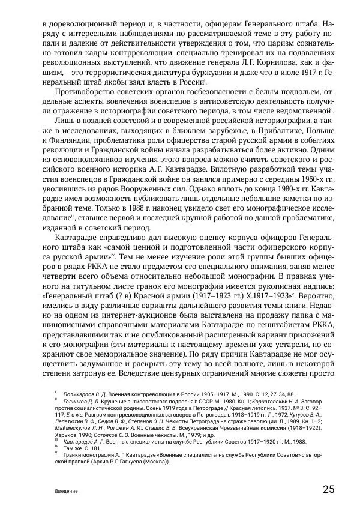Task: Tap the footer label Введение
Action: coord(66,490)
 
